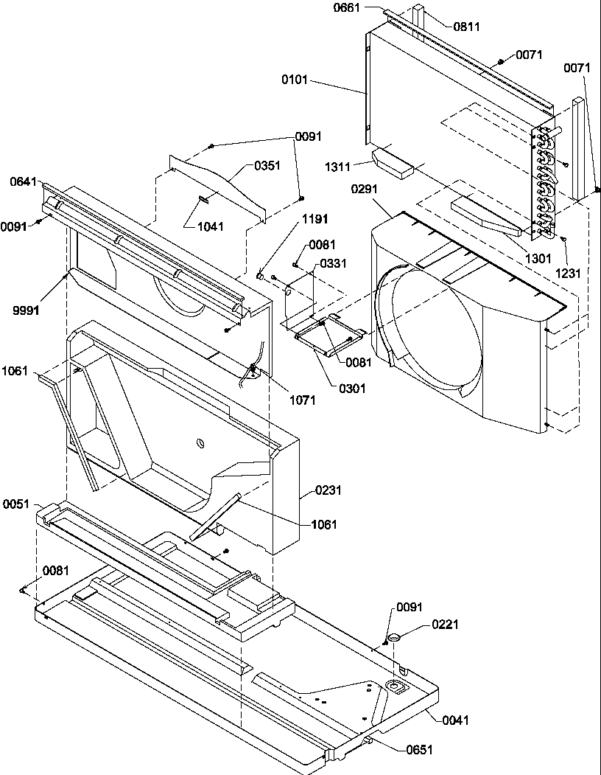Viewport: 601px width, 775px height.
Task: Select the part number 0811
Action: coord(466,27)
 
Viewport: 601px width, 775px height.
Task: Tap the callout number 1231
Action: coord(569,274)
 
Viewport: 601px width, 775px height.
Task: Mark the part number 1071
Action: coord(302,400)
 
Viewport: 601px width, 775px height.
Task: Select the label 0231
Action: coord(328,489)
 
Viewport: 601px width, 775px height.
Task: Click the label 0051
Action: coord(16,504)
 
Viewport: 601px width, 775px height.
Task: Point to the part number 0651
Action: coord(418,750)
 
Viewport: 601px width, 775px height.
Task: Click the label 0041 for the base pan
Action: coord(456,720)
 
